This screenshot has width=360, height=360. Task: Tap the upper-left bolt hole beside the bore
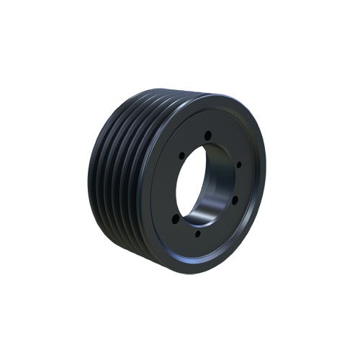[x=179, y=153]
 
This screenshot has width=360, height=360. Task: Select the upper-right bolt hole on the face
[x=238, y=164]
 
